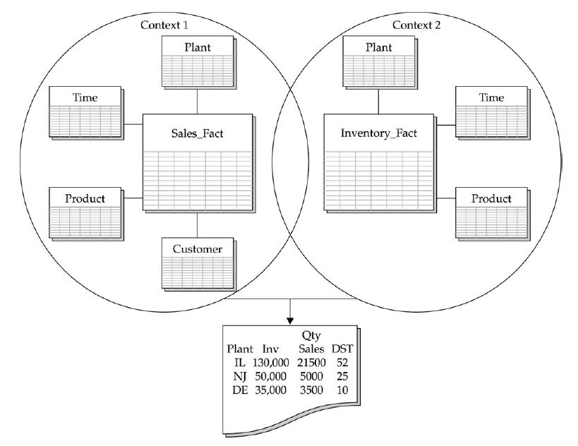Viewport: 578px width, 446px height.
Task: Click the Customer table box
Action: tap(198, 264)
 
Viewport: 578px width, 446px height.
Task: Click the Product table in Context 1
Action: tap(85, 212)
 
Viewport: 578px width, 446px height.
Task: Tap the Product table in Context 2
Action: tap(491, 212)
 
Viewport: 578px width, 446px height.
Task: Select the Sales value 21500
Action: tap(311, 361)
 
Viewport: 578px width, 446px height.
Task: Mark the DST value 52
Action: tap(344, 361)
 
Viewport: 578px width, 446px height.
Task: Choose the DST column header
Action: tap(343, 349)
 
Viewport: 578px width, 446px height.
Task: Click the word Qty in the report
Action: tap(311, 337)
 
